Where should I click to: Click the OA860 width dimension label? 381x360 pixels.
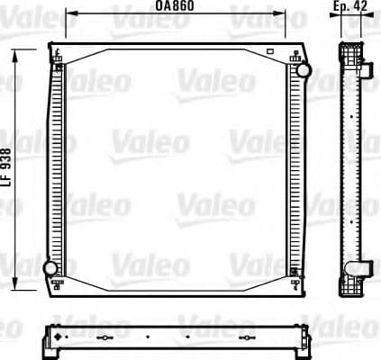pos(174,6)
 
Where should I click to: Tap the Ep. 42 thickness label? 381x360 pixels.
pos(349,6)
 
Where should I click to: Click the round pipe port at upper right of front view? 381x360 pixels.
pos(304,70)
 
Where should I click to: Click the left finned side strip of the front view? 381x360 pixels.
pos(58,168)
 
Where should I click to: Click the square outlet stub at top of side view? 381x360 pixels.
pos(367,67)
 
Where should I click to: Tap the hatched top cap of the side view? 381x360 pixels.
pos(350,47)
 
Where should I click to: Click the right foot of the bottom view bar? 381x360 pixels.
pos(307,346)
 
